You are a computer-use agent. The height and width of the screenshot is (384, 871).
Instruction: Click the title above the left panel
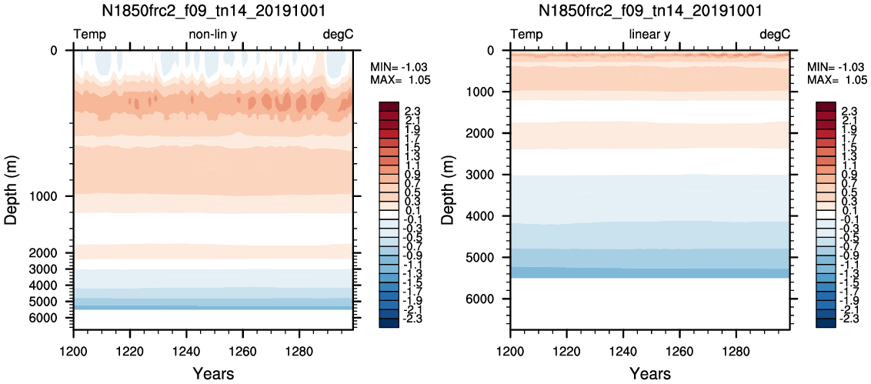pyautogui.click(x=213, y=11)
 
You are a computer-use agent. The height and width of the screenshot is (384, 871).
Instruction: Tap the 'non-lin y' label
pyautogui.click(x=213, y=35)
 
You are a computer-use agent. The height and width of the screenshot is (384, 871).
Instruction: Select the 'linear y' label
pyautogui.click(x=649, y=35)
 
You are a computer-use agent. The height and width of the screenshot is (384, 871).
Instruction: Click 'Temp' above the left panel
pyautogui.click(x=90, y=35)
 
